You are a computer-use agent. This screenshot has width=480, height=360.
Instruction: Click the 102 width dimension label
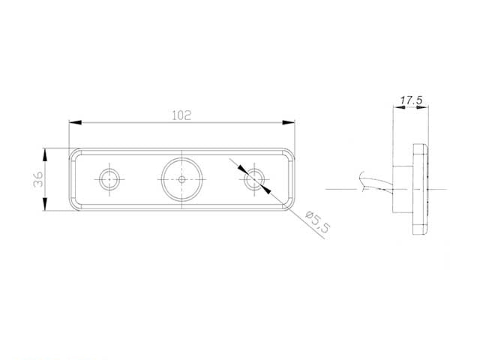coord(181,115)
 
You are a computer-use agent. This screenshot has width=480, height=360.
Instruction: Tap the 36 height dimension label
coord(38,179)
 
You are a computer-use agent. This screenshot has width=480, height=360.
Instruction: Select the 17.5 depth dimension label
coord(411,100)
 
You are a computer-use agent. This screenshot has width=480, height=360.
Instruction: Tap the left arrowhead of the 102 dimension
coord(75,122)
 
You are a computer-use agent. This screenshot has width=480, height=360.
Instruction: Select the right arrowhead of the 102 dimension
coord(288,122)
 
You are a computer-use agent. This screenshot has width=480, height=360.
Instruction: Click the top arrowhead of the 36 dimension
coord(45,154)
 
